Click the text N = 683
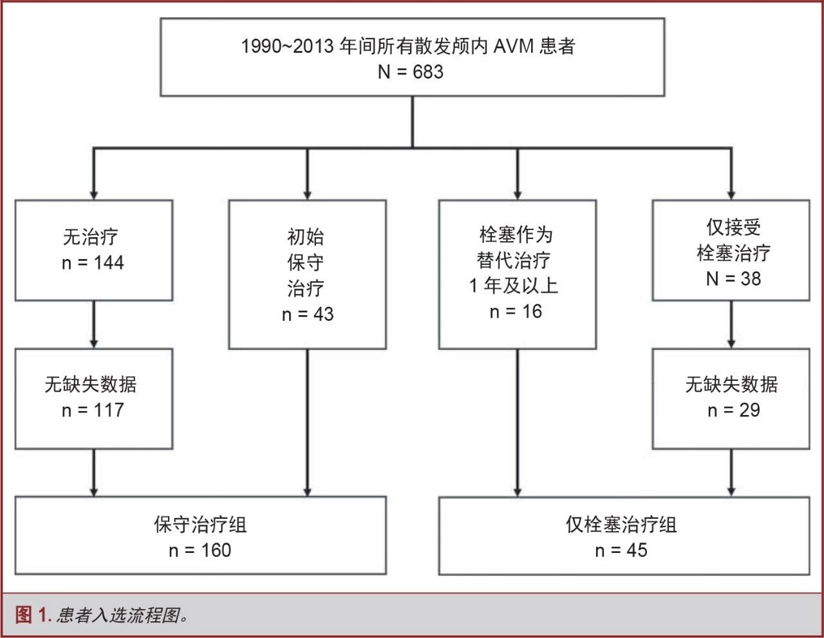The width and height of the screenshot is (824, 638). [x=411, y=72]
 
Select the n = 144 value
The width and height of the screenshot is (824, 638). [x=93, y=263]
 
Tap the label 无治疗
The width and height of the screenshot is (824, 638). [x=91, y=237]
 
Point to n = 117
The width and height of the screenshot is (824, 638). [x=93, y=411]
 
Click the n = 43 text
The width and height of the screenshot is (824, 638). [x=308, y=314]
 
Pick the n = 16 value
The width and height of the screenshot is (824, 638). [x=516, y=312]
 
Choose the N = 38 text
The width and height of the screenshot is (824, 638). [x=733, y=278]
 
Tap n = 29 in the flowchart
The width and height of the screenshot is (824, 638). [x=734, y=411]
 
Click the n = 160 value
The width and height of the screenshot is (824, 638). [x=200, y=550]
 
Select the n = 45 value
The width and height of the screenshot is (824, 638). [x=621, y=550]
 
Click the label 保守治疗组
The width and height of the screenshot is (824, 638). [x=200, y=525]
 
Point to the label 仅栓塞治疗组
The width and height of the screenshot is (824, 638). [x=621, y=525]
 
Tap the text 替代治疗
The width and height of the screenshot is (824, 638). [x=514, y=260]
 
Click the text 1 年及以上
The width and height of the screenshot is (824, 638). [x=514, y=285]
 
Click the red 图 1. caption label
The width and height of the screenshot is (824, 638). [x=33, y=614]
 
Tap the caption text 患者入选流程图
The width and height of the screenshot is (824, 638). [x=118, y=615]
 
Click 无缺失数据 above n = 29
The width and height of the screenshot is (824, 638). [x=731, y=384]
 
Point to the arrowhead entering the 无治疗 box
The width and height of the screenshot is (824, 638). [x=94, y=195]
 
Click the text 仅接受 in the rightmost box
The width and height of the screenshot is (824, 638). [x=733, y=227]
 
